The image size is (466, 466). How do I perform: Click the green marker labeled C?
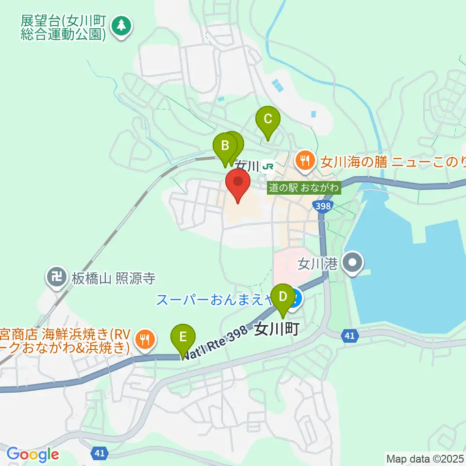pyautogui.click(x=268, y=119)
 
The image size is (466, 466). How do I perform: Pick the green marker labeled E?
pyautogui.click(x=183, y=336)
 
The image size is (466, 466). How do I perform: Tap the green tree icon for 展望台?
pyautogui.click(x=121, y=27)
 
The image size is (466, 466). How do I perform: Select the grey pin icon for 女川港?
pyautogui.click(x=353, y=264)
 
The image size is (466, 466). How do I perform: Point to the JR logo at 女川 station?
pyautogui.click(x=267, y=166)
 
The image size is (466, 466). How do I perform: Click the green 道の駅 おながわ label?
pyautogui.click(x=304, y=187)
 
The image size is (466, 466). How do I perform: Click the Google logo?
pyautogui.click(x=33, y=454)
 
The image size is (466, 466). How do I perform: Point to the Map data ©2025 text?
pyautogui.click(x=425, y=458)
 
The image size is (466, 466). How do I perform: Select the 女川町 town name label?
pyautogui.click(x=276, y=329)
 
